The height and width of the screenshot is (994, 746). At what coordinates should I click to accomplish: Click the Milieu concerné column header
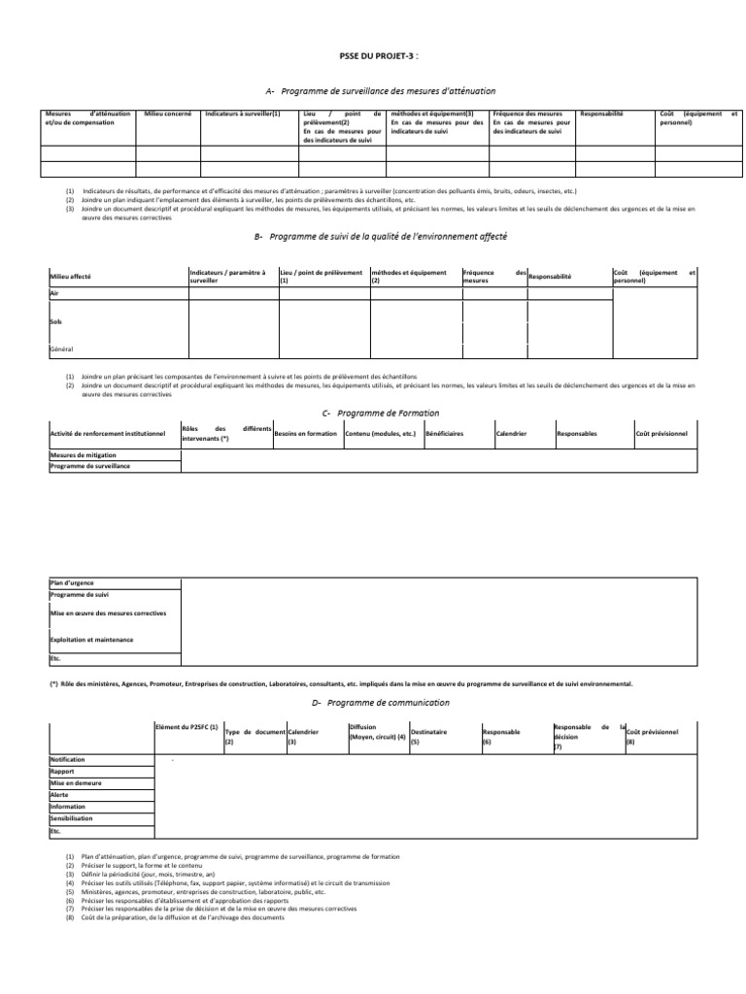tap(168, 114)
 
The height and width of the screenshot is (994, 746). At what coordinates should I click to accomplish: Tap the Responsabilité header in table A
tap(601, 114)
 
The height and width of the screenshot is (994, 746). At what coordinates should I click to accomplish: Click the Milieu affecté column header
tap(70, 277)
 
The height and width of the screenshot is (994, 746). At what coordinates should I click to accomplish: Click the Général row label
tap(61, 348)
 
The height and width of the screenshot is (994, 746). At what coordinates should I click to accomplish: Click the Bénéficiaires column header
tap(444, 433)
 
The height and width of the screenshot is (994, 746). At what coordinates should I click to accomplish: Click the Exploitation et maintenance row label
tap(91, 640)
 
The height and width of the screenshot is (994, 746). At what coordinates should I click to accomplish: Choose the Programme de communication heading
tap(381, 702)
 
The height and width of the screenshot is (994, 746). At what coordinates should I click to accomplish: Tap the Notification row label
tap(67, 759)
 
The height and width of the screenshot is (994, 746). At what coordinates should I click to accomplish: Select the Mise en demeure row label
tap(75, 782)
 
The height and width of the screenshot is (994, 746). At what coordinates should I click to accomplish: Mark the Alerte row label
tap(59, 794)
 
